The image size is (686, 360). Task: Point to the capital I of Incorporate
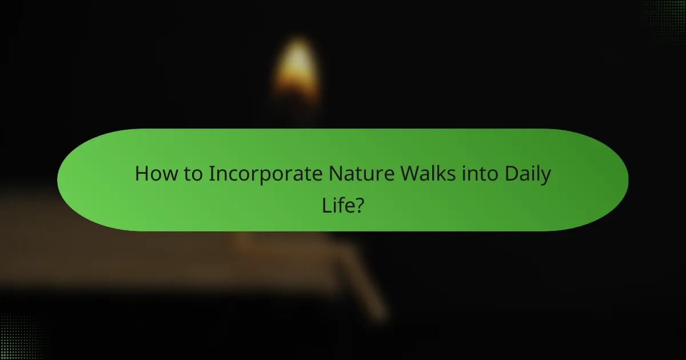pyautogui.click(x=210, y=174)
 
